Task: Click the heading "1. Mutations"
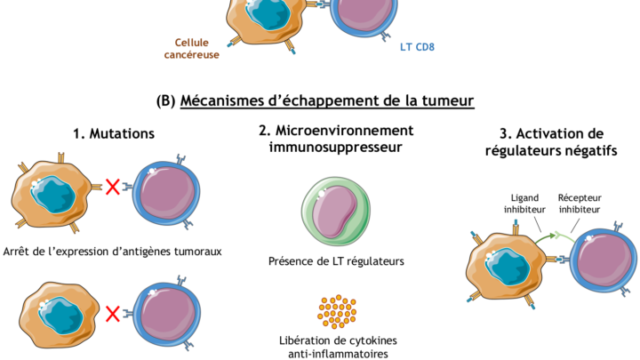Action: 115,134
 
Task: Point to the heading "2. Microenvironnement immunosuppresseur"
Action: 336,138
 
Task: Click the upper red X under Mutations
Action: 113,187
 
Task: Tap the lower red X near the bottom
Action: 113,314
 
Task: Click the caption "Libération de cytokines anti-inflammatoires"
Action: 336,347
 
